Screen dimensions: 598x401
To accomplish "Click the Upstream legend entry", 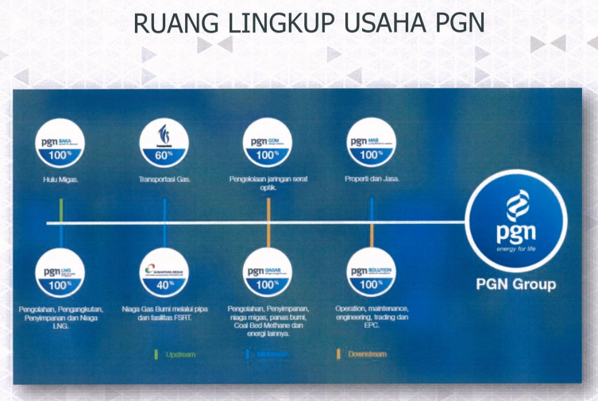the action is coord(179,354).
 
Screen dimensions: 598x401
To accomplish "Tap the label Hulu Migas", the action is coord(60,179).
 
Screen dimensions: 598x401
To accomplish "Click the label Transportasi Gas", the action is coord(164,179).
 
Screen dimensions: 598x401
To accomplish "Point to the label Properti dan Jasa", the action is coord(372,179).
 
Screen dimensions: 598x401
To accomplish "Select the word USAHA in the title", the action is coord(381,23).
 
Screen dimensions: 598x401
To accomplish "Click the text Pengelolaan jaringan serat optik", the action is coord(268,183).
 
